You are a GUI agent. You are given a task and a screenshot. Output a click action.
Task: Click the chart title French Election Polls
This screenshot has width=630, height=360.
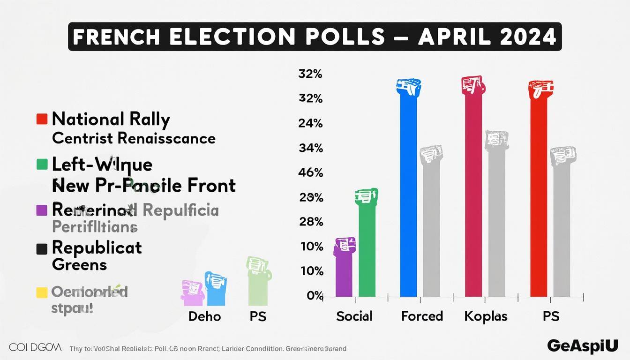315,37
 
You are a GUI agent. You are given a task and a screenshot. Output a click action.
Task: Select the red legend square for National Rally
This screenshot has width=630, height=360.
42,119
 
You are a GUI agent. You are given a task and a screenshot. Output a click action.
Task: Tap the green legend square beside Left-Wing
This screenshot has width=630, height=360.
42,165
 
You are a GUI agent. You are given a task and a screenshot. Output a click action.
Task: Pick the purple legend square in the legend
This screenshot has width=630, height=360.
42,210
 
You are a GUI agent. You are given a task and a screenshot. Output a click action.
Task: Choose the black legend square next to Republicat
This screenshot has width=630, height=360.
42,249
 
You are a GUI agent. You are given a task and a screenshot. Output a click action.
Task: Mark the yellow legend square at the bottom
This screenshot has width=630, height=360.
42,292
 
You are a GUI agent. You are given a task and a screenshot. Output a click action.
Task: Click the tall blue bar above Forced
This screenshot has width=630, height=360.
408,192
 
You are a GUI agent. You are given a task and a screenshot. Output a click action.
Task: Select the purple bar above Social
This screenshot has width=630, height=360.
344,272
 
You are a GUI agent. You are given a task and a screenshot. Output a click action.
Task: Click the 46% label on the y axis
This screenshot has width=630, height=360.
310,172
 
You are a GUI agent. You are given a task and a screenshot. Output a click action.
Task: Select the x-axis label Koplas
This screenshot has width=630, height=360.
486,316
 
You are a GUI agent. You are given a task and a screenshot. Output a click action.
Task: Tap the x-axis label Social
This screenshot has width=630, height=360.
354,316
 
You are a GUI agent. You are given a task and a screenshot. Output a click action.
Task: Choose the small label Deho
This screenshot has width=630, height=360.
204,316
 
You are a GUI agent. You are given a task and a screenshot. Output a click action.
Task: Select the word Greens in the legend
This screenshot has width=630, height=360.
79,264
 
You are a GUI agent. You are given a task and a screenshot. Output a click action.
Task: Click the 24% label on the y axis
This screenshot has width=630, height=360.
310,123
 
